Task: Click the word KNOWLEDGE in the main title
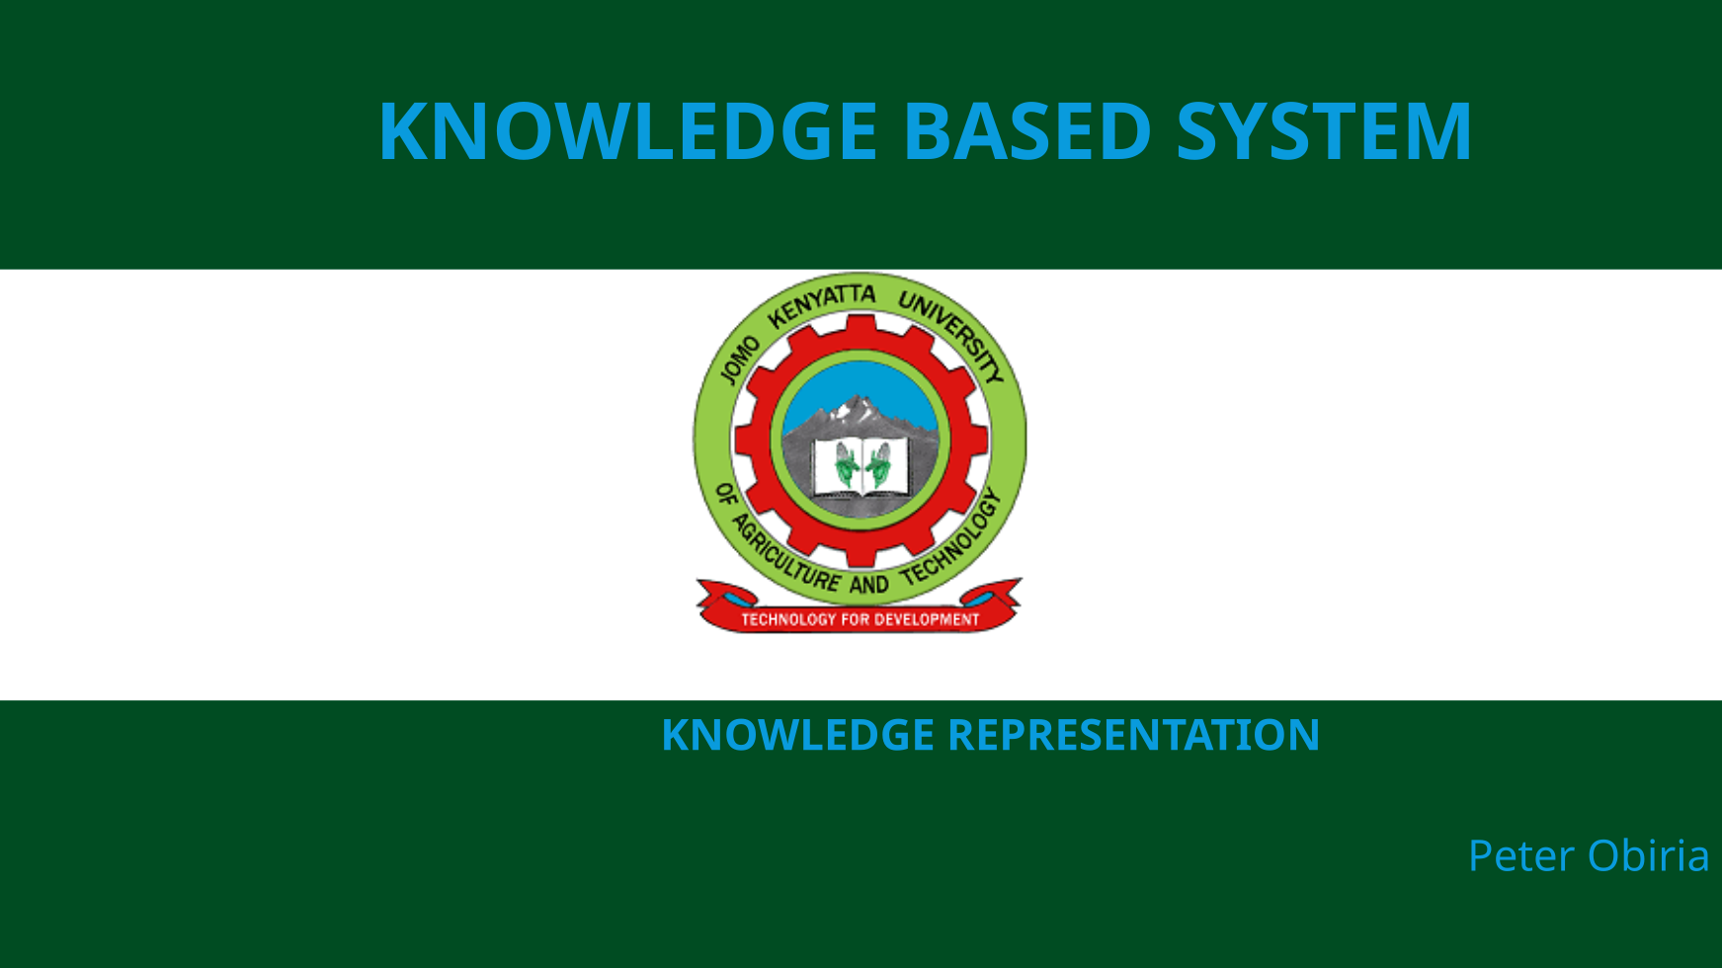628,130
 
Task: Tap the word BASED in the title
1027,130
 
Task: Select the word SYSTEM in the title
1324,130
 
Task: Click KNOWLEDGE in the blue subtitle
797,735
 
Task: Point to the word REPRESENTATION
1133,735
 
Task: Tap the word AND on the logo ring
869,585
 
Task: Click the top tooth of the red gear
861,326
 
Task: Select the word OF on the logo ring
726,494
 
